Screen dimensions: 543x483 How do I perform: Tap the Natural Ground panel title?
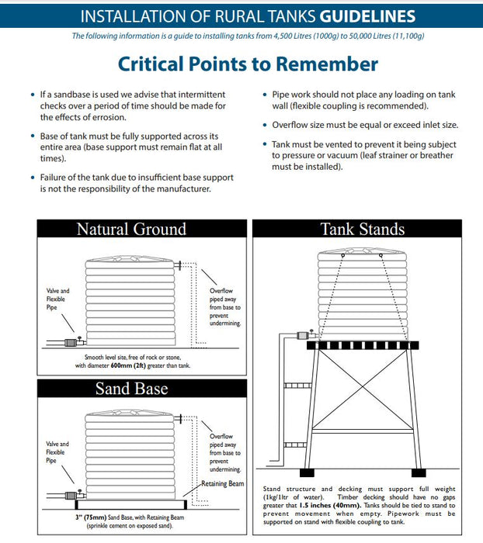131,228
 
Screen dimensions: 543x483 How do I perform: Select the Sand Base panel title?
131,389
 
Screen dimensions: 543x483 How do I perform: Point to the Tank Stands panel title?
363,228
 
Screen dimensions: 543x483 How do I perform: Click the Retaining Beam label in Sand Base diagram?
223,483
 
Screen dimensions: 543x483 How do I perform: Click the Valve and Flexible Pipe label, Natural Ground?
57,299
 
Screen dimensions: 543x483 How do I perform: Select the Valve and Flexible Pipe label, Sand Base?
57,451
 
